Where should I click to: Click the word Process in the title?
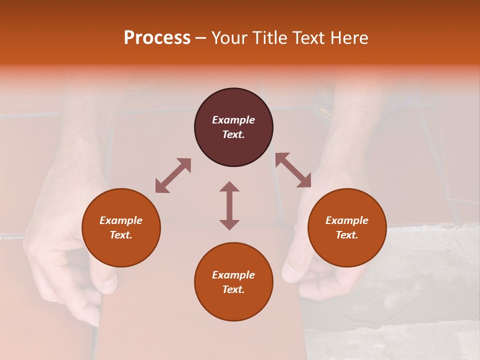[x=157, y=38]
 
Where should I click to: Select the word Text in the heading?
[x=306, y=38]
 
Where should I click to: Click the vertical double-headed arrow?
[x=229, y=205]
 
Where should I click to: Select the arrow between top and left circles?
[x=173, y=175]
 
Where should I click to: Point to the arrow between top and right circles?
[x=293, y=170]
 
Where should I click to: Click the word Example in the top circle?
[x=233, y=120]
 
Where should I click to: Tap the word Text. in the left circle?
[x=121, y=235]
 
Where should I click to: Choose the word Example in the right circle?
[x=347, y=220]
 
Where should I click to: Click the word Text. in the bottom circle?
[x=233, y=289]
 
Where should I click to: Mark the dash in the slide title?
[x=201, y=38]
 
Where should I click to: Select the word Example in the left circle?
[x=121, y=220]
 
